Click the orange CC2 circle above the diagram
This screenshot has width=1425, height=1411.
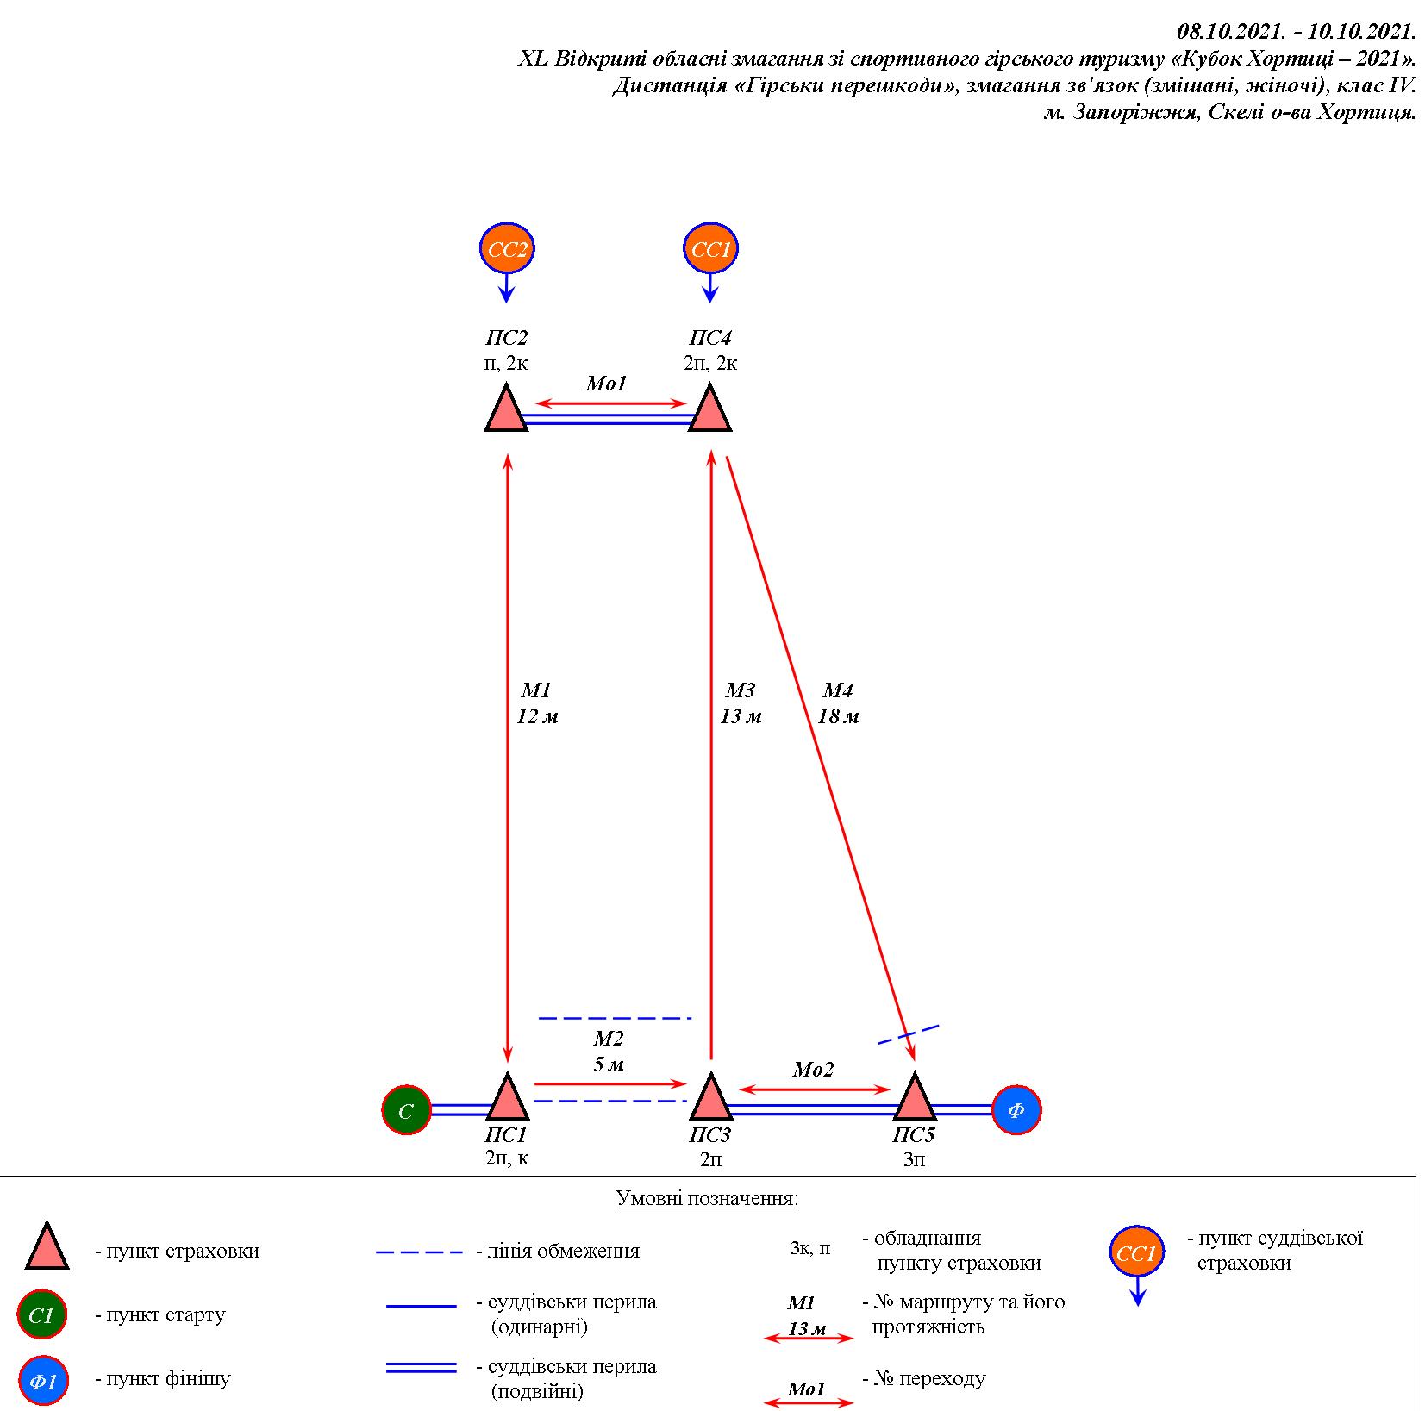[x=507, y=249]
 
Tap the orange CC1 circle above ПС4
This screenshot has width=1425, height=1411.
[x=710, y=249]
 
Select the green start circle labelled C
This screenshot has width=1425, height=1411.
[x=407, y=1110]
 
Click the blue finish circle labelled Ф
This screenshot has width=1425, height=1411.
[x=1016, y=1110]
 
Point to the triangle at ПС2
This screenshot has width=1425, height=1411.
[x=506, y=409]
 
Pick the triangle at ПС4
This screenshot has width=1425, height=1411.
[x=710, y=409]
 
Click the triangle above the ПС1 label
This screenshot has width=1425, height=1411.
[x=507, y=1097]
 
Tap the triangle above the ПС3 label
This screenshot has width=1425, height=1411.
[x=710, y=1097]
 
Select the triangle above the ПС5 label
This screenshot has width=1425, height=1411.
[x=915, y=1097]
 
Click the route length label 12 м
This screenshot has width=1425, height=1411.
[x=537, y=716]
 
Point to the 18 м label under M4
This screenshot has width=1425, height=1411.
[x=838, y=716]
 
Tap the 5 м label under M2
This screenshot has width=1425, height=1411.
[x=609, y=1064]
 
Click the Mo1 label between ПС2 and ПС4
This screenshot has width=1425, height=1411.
[x=606, y=384]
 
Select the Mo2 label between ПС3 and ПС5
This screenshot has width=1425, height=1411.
[x=813, y=1071]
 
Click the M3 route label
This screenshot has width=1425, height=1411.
[x=740, y=690]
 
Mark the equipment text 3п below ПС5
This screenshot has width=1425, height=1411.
[x=914, y=1159]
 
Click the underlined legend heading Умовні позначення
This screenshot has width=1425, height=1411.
[x=707, y=1199]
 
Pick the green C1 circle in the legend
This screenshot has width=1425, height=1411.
[x=42, y=1316]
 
